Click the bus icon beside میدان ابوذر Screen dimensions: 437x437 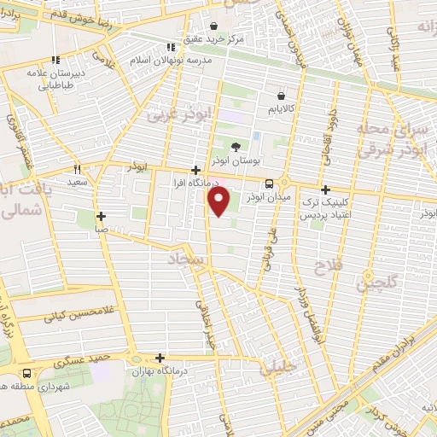point(270,183)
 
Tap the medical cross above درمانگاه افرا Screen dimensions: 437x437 point(197,170)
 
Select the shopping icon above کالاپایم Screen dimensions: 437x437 point(281,96)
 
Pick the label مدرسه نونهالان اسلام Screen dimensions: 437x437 point(166,62)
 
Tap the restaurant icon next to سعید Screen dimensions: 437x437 point(77,170)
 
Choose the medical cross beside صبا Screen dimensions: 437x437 point(101,216)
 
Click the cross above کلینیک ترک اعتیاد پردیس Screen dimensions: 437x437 point(324,190)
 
